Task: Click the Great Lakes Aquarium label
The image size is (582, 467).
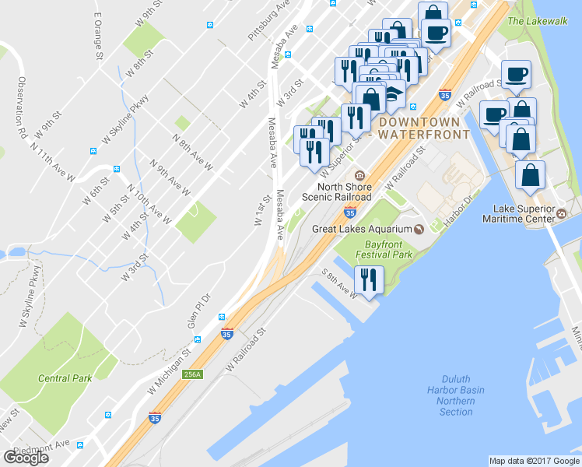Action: point(361,228)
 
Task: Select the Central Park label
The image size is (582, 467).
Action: point(65,378)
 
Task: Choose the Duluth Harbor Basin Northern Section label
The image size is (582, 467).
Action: point(455,401)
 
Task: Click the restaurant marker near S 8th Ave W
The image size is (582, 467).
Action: point(366,279)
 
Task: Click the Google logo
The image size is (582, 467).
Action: point(26,457)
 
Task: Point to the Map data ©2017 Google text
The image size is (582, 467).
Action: point(534,461)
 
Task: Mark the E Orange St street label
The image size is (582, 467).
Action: point(99,35)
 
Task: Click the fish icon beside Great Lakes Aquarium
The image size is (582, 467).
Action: point(418,228)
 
